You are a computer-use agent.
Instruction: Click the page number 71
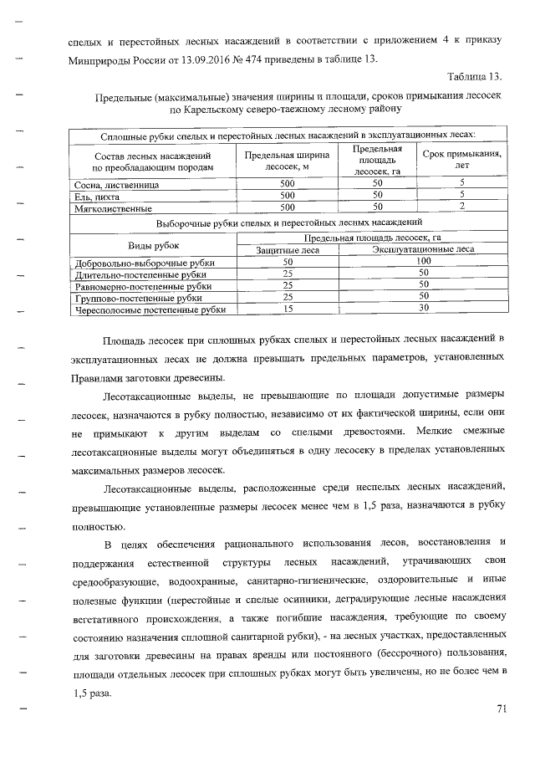[x=502, y=709]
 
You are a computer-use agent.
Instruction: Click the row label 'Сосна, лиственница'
[x=110, y=183]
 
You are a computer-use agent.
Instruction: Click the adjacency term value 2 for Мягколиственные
[x=462, y=206]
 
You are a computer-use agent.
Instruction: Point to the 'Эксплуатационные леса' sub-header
[x=423, y=249]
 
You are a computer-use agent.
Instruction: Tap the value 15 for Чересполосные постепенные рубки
[x=288, y=308]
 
